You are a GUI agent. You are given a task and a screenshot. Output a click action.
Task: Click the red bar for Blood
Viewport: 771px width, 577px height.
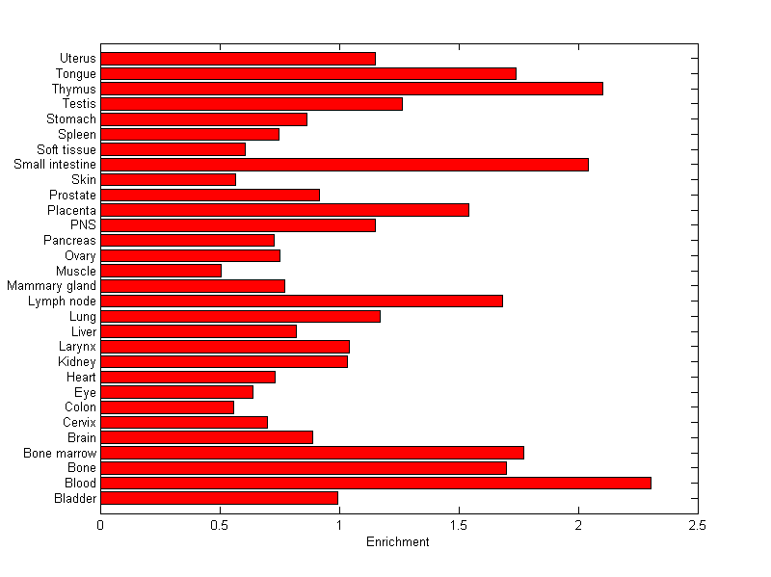[x=376, y=483]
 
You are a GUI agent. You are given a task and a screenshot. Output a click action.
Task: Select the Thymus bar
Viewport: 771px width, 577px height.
[x=352, y=89]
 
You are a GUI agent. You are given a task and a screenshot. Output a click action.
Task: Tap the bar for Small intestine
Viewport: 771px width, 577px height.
[x=344, y=165]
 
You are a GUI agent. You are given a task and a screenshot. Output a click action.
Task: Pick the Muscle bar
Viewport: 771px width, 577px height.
[x=161, y=271]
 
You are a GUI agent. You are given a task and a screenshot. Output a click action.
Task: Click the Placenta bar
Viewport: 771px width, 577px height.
[x=284, y=210]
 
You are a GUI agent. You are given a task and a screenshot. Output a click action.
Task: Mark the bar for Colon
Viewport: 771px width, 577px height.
[x=167, y=407]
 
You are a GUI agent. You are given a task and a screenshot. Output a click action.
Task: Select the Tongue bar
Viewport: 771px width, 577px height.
[x=308, y=73]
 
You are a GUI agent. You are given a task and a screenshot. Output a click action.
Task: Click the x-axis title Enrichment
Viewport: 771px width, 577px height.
[x=398, y=542]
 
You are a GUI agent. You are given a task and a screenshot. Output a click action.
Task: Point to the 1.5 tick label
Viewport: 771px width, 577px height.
[x=459, y=526]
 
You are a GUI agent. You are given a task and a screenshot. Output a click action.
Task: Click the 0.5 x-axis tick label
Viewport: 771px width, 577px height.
[x=220, y=526]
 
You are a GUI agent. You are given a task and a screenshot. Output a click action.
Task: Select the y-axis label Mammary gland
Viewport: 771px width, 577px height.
[x=51, y=285]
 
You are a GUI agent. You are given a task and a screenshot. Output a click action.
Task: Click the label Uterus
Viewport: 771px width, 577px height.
[x=77, y=58]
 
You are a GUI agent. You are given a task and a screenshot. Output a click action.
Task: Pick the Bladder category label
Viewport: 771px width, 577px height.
[x=75, y=498]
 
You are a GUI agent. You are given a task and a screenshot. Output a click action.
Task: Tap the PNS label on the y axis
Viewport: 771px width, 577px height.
[x=83, y=224]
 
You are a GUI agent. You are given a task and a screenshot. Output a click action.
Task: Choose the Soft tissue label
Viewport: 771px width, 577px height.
[x=66, y=149]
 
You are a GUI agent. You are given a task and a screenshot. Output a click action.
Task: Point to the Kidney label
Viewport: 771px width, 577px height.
[x=77, y=361]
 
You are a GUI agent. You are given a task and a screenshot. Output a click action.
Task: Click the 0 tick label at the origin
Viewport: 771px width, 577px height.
[x=100, y=526]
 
